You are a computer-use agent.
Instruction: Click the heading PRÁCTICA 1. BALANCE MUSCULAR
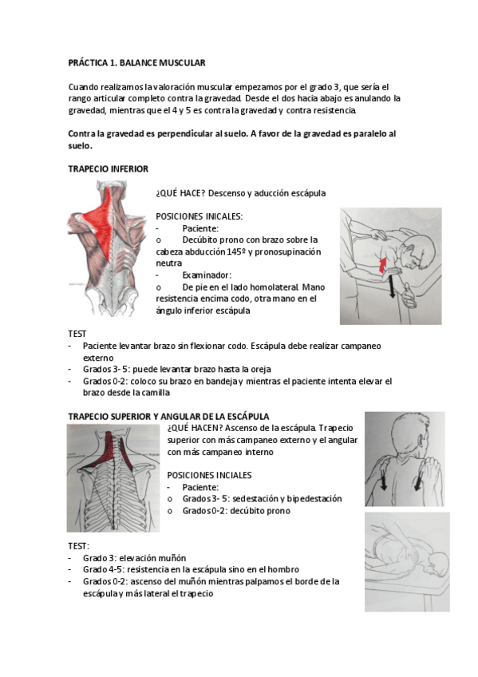(136, 63)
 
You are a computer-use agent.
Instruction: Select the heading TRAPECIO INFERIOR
(108, 168)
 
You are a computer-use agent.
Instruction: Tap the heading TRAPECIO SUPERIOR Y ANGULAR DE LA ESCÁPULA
(168, 416)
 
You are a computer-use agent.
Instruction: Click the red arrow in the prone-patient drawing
(382, 265)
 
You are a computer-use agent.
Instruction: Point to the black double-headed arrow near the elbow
(392, 287)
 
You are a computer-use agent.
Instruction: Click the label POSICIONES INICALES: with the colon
(199, 216)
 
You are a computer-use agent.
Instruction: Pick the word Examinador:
(207, 275)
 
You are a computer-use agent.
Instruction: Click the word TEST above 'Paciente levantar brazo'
(77, 334)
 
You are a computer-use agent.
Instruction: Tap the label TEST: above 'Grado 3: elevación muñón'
(78, 546)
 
